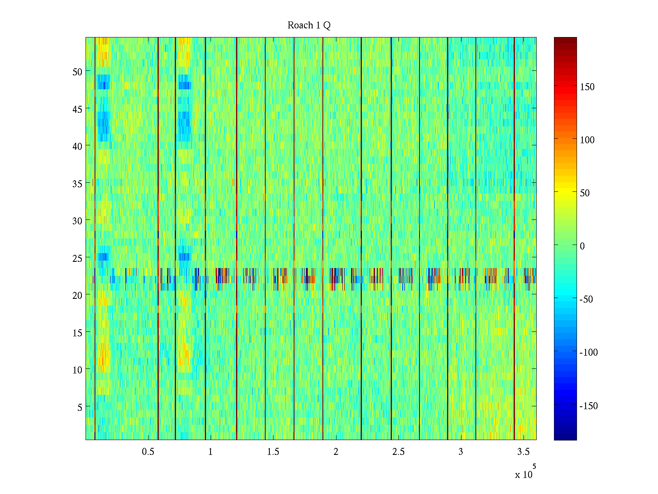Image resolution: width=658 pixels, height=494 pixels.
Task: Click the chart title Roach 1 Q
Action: (309, 26)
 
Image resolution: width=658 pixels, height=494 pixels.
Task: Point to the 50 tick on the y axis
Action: (77, 72)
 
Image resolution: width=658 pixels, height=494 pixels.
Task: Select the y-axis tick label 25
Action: (77, 258)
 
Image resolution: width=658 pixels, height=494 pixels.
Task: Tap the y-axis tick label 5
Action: (79, 407)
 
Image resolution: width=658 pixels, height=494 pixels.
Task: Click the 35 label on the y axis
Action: (77, 184)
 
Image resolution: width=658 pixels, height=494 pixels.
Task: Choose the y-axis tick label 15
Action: (77, 333)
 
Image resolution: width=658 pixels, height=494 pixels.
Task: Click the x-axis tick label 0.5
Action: (148, 452)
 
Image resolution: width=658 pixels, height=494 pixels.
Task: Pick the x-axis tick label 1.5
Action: (273, 452)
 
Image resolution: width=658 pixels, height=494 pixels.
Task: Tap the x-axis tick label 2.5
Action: (398, 452)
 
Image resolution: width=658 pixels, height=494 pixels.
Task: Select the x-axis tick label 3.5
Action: (523, 452)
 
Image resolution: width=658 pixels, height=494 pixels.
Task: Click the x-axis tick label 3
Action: (461, 452)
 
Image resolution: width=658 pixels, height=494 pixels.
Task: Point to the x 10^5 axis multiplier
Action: (525, 473)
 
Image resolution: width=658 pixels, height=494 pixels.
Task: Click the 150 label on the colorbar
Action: (587, 87)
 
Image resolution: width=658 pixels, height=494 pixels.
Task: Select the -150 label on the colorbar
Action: (588, 406)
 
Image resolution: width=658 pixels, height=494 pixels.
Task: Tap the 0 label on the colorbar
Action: (582, 246)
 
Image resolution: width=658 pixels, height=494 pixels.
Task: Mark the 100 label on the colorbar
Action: (587, 140)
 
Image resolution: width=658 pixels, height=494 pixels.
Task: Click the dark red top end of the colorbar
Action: (565, 40)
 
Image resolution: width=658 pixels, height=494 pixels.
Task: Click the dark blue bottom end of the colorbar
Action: (565, 438)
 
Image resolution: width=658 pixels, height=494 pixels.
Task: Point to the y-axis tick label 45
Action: (77, 109)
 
